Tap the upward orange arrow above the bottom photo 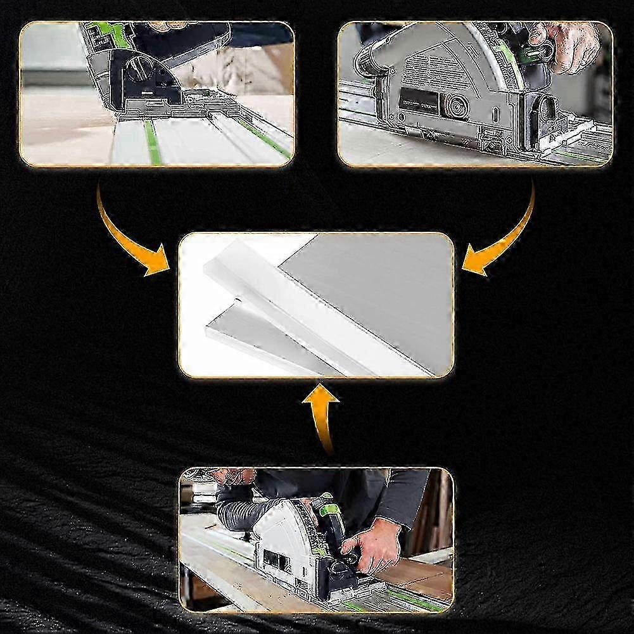(x=323, y=412)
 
